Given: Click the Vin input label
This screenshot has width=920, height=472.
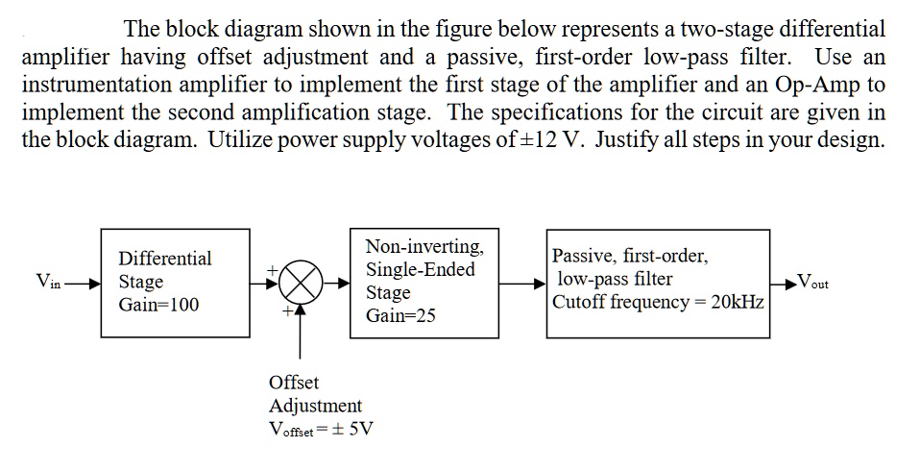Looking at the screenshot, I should pos(48,282).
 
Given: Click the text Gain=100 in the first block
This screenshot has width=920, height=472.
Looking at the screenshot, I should pos(158,305).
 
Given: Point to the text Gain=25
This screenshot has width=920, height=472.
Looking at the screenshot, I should pos(400,315).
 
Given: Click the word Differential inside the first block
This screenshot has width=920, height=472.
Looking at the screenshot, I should pos(164,259).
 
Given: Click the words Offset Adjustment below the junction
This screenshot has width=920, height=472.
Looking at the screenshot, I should pos(315,394).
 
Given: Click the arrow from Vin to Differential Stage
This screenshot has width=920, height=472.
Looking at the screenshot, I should pos(81,283).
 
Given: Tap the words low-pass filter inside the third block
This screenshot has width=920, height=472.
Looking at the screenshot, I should pos(615,280).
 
